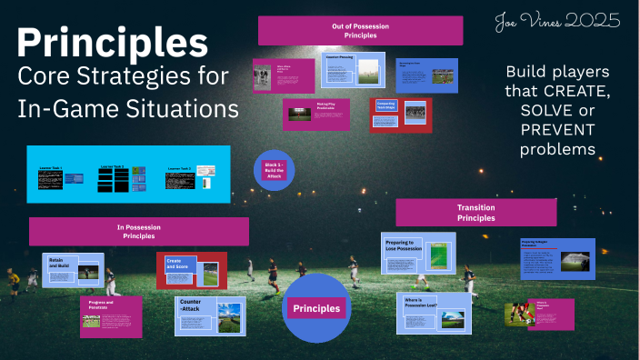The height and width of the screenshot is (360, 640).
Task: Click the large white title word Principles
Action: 112,44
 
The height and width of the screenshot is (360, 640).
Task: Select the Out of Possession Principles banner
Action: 360,30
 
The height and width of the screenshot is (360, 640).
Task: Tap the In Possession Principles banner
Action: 138,231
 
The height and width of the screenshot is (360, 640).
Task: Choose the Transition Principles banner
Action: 475,213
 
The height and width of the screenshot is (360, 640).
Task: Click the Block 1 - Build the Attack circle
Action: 275,170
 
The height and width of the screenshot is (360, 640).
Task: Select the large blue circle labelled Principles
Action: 315,308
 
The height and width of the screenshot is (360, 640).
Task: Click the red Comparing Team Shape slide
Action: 401,115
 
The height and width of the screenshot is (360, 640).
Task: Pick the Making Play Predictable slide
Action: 315,115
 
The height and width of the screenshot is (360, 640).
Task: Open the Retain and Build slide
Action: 74,270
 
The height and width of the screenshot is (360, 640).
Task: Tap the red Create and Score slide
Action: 191,270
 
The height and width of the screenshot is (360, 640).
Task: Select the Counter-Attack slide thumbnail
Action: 209,314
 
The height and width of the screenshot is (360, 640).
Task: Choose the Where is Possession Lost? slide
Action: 435,313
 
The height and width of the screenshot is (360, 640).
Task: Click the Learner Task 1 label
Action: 51,168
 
